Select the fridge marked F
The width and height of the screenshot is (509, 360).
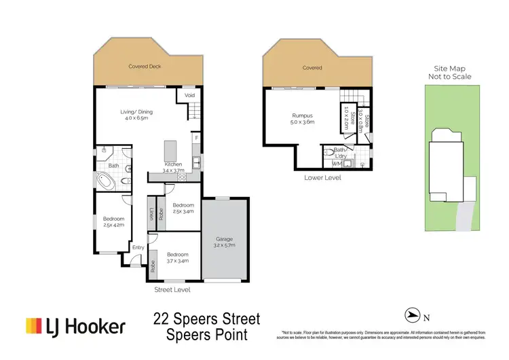click(197, 138)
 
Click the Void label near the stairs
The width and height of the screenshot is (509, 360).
click(189, 96)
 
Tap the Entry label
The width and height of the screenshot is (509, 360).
click(138, 247)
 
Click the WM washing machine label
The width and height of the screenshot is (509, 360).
click(335, 163)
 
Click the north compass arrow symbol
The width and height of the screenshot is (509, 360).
click(412, 314)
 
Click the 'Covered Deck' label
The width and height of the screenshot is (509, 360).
click(145, 67)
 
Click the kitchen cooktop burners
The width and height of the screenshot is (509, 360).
click(182, 177)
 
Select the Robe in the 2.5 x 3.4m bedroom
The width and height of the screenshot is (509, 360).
click(162, 213)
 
